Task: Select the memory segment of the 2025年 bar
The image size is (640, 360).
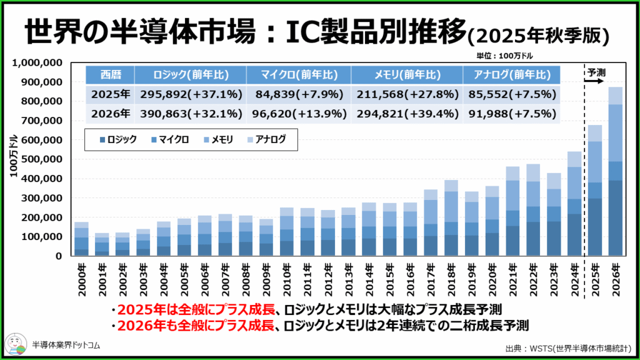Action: click(x=595, y=162)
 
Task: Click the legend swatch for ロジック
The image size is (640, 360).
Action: click(x=101, y=140)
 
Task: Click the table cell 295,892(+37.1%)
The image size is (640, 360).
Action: click(x=189, y=95)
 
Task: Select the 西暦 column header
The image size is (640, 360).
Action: click(x=110, y=75)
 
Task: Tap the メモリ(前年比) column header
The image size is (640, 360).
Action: click(x=406, y=75)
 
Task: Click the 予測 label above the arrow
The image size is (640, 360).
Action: click(x=596, y=71)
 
